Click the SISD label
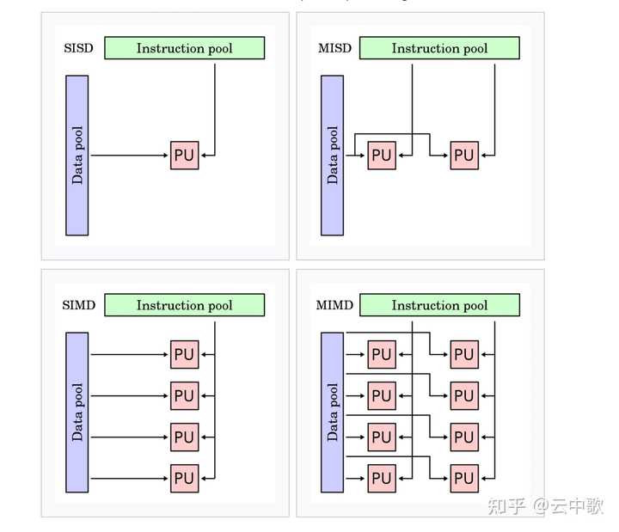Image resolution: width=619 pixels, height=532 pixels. [78, 48]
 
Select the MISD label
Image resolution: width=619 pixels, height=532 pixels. [334, 48]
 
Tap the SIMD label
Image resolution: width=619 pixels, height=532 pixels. [78, 305]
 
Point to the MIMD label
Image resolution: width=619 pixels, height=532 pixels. [334, 305]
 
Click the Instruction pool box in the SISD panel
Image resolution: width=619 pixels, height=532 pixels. [184, 48]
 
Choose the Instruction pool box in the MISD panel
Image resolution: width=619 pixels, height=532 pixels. [439, 48]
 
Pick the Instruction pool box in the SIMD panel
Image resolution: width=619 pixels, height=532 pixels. [184, 305]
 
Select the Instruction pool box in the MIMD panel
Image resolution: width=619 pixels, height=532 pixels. [439, 305]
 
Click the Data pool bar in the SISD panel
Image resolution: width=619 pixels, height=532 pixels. [77, 155]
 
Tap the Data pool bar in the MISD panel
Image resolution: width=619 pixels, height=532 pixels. [333, 155]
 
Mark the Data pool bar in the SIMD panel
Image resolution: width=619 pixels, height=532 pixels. [77, 412]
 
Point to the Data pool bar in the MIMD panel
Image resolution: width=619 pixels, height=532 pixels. [333, 412]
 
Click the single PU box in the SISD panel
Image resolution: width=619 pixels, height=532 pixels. [184, 156]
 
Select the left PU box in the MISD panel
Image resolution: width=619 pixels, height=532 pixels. [382, 156]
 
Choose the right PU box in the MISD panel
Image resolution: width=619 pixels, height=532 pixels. [464, 156]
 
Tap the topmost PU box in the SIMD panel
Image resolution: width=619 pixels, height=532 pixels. [184, 354]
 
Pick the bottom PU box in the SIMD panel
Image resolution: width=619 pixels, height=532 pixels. [184, 478]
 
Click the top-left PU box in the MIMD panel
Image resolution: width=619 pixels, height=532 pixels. [382, 354]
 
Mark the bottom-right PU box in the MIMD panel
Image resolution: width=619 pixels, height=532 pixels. [464, 478]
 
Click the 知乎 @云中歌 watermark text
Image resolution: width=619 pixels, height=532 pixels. [545, 506]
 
